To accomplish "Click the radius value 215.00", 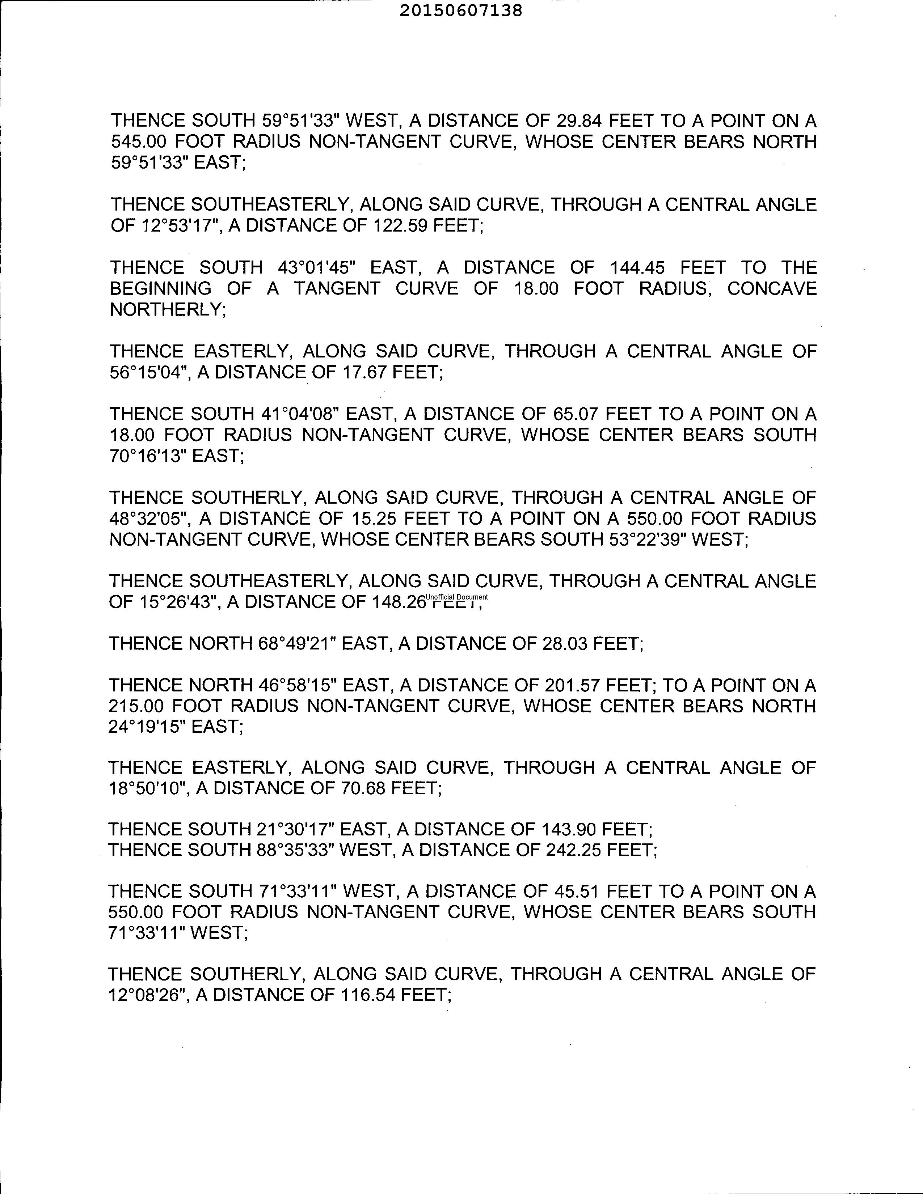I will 137,706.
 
